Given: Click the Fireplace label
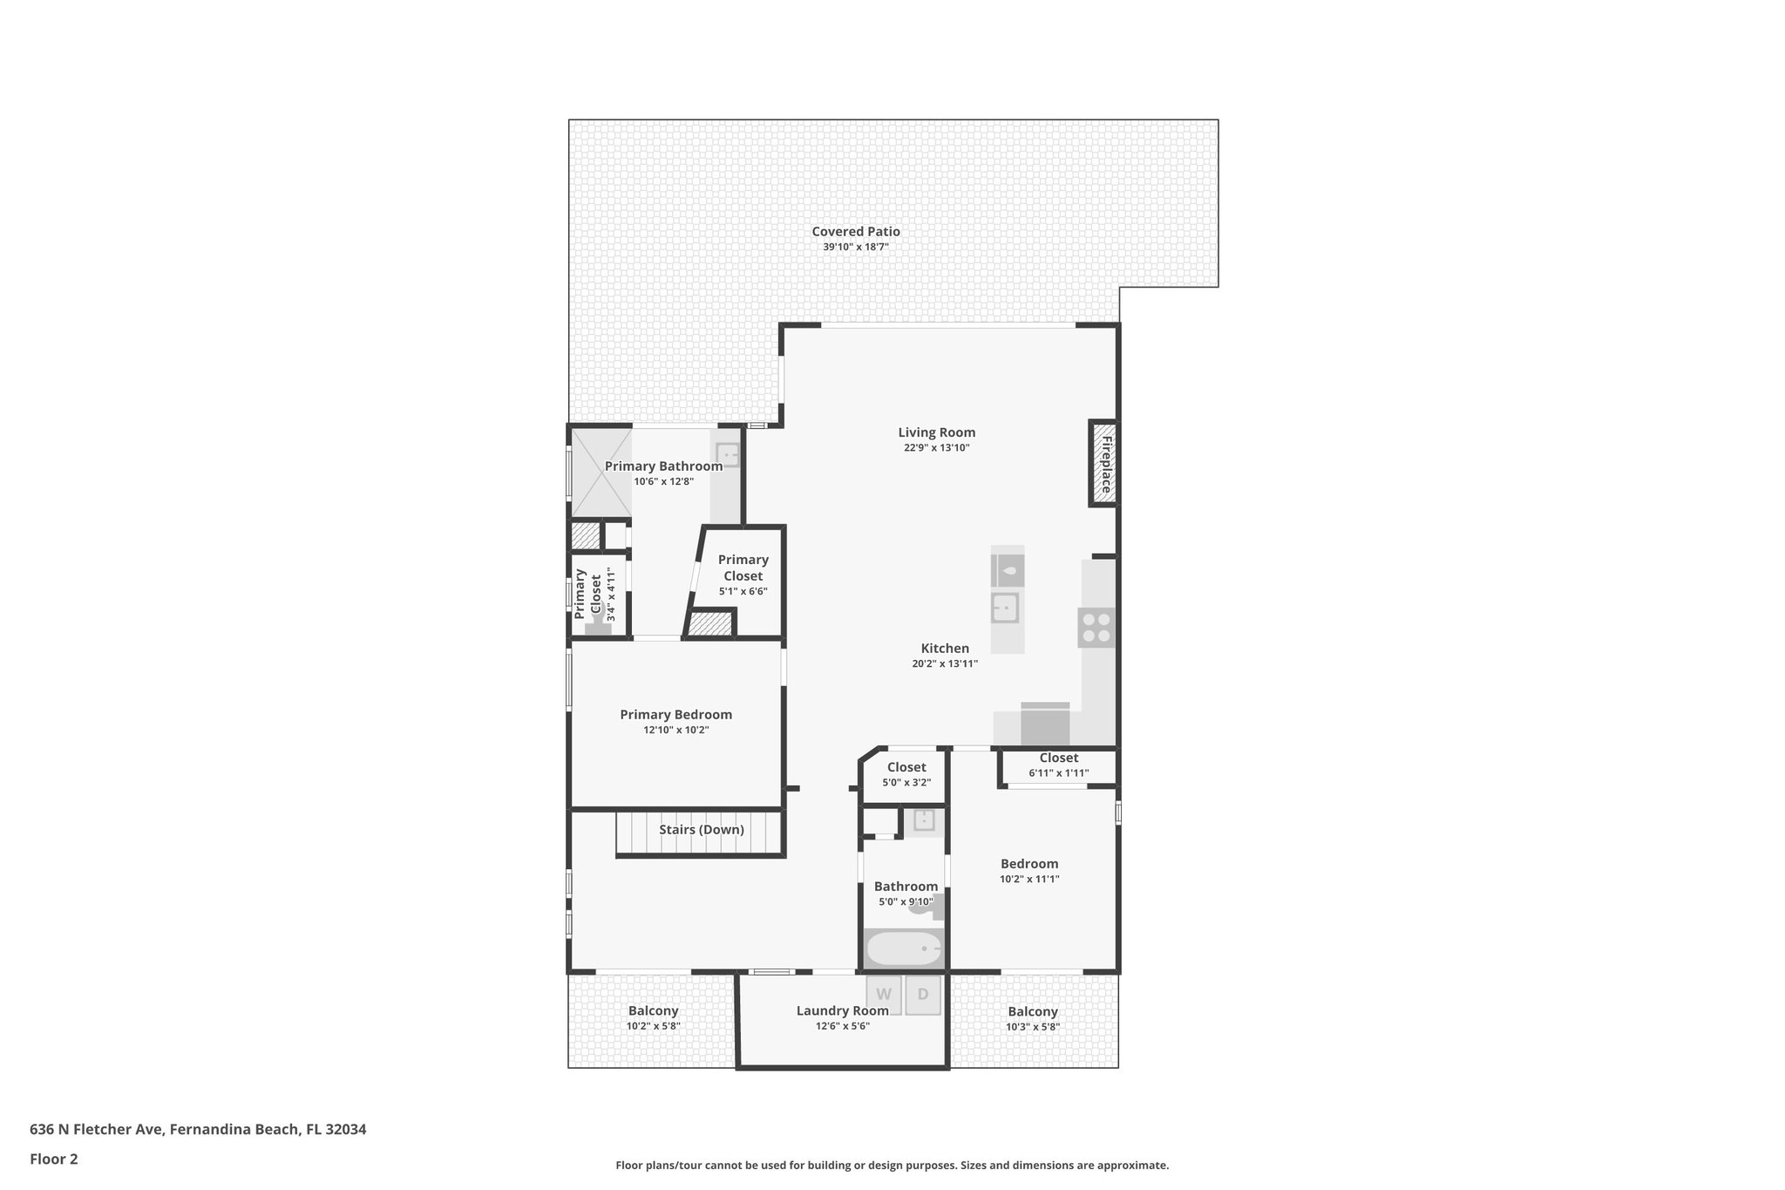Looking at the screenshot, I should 1104,464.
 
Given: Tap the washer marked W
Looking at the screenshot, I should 883,994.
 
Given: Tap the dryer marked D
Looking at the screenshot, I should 923,994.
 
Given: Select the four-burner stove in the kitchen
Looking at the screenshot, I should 1096,628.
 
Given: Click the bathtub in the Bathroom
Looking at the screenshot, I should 904,949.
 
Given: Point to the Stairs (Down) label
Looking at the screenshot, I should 701,829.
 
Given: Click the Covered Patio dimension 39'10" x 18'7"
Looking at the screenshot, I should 855,248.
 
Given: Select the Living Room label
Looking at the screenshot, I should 936,432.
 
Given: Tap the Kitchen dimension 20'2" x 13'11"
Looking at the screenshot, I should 945,664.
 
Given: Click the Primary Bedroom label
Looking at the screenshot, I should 675,715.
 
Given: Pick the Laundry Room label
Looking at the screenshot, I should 842,1010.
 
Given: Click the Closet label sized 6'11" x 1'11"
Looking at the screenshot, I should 1058,758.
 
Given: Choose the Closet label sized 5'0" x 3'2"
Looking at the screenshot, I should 906,767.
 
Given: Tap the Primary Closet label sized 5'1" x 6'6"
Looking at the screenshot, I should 743,568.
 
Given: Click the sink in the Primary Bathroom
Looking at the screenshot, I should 727,453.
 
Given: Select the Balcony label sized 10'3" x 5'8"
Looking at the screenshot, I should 1032,1011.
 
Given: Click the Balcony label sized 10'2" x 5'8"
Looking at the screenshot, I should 653,1011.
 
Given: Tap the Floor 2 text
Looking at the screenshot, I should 54,1159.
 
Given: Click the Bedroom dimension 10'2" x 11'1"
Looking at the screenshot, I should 1028,880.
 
